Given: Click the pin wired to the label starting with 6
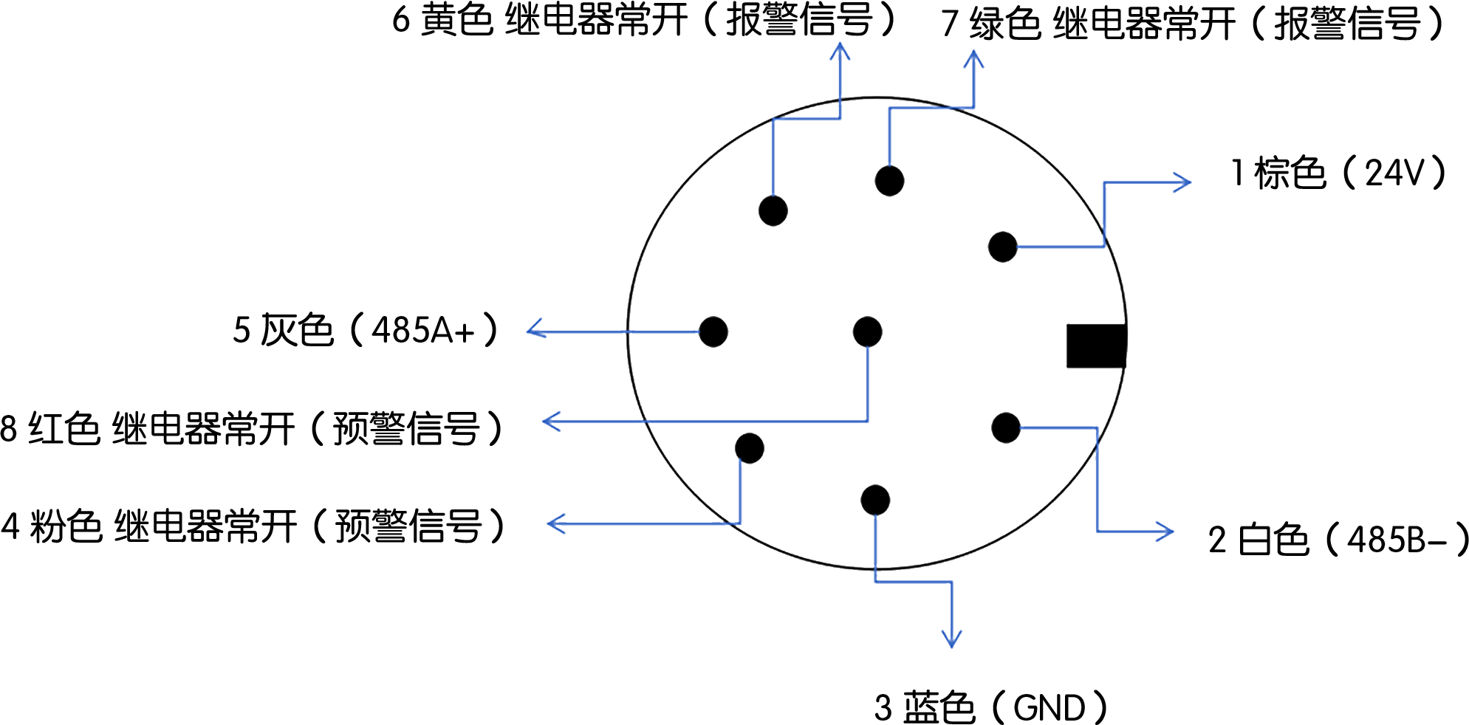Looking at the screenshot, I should click(773, 210).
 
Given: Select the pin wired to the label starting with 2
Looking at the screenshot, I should click(1005, 427).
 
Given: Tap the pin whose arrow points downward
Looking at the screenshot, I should click(875, 500).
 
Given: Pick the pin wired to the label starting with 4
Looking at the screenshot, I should click(750, 448).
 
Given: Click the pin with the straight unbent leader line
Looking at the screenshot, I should click(713, 331).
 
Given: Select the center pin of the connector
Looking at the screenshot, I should click(867, 331).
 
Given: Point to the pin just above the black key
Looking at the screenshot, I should click(1002, 247).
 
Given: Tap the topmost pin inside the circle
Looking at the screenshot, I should click(889, 180).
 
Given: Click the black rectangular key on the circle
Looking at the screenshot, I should click(1096, 346).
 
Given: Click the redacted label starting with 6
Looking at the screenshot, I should click(643, 20).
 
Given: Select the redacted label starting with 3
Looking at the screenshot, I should click(990, 707).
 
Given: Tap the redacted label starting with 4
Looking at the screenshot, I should click(251, 526).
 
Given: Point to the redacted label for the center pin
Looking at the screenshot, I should click(250, 428).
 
